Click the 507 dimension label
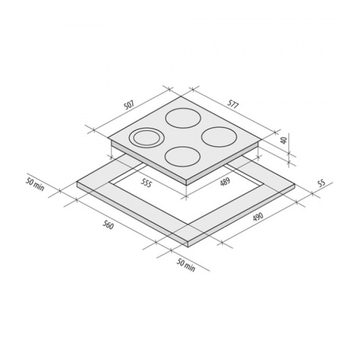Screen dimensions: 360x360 click(129, 105)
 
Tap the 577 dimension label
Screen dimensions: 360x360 click(233, 105)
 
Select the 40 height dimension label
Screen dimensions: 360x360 click(284, 140)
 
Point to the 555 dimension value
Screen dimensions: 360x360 click(146, 183)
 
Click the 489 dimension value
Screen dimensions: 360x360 click(225, 182)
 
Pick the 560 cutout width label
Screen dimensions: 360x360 click(108, 225)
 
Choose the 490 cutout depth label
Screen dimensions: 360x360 click(258, 217)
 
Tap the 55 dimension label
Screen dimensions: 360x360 click(322, 183)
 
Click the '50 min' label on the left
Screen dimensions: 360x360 click(35, 184)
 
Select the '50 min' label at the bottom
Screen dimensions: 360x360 click(186, 266)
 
